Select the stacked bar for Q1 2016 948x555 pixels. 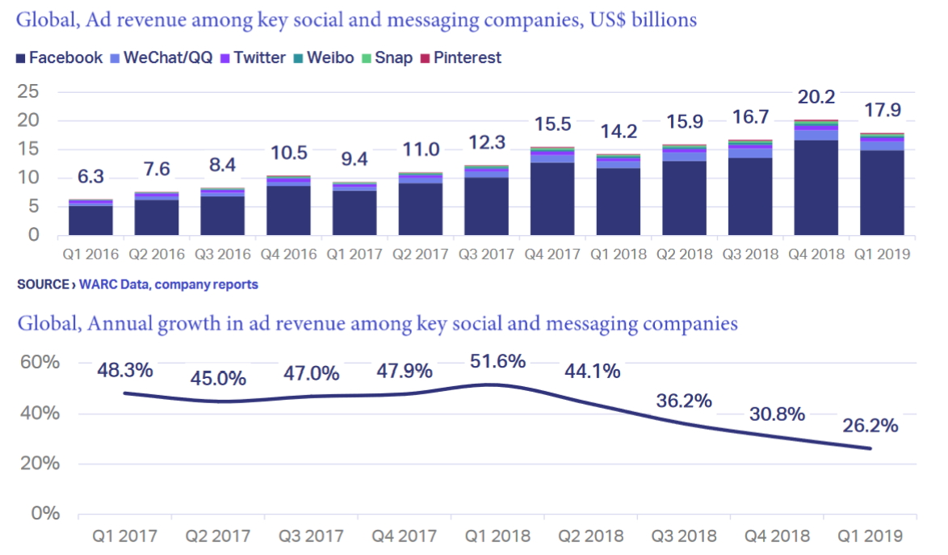coord(90,217)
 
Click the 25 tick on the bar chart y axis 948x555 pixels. coord(28,91)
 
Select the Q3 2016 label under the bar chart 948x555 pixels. coord(221,254)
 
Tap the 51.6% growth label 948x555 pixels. coord(496,360)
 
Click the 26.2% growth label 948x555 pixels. coord(870,425)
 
